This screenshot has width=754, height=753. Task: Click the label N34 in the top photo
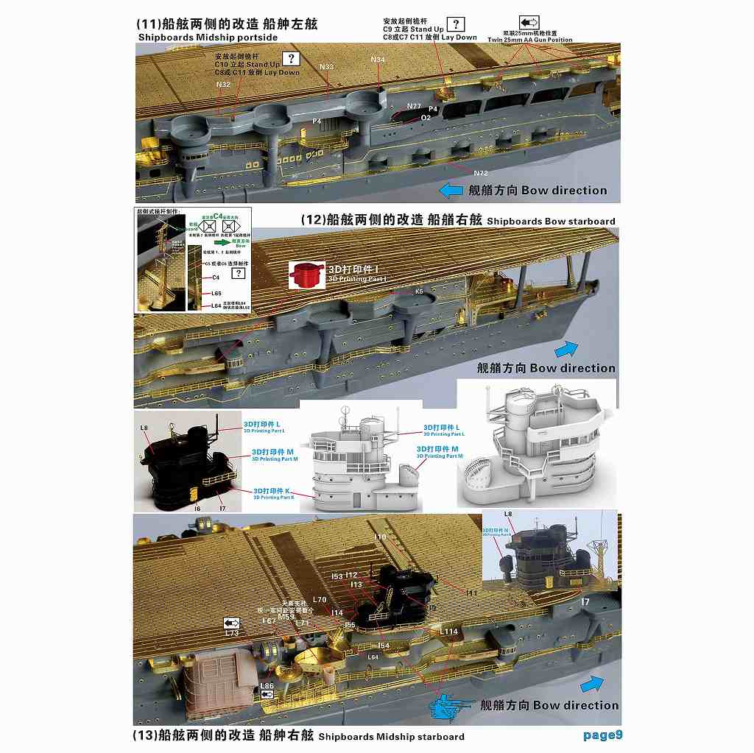[x=378, y=59]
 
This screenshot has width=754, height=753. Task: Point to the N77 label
[x=414, y=107]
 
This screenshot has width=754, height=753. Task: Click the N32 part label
[x=223, y=85]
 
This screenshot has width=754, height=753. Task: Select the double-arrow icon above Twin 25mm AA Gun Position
[x=529, y=23]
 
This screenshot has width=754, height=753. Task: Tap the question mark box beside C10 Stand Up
[x=292, y=60]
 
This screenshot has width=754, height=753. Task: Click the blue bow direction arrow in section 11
[x=451, y=191]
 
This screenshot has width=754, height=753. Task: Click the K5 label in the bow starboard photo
[x=419, y=291]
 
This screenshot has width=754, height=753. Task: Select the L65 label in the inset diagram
[x=216, y=293]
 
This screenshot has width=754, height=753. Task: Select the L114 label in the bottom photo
[x=448, y=632]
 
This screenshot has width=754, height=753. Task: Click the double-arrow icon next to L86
[x=267, y=693]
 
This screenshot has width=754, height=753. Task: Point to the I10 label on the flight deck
[x=379, y=537]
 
